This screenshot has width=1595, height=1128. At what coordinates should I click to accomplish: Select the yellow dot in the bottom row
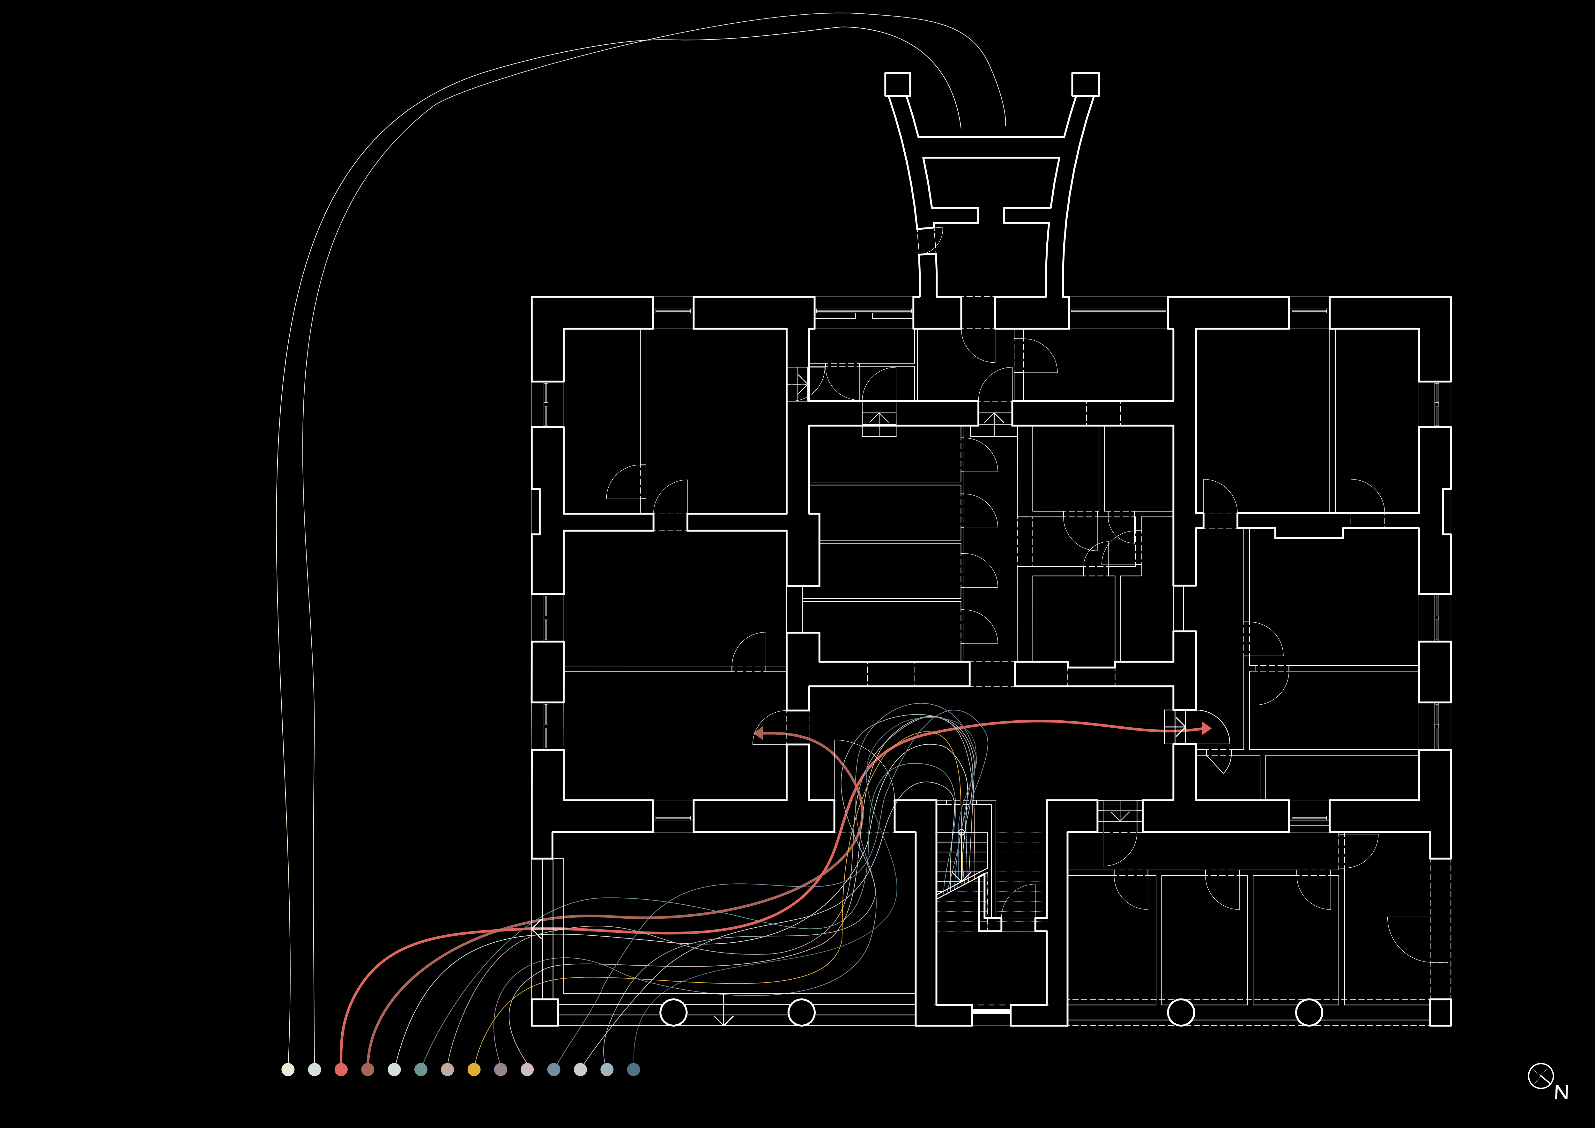(474, 1070)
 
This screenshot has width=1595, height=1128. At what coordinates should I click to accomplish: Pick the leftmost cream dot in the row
(288, 1070)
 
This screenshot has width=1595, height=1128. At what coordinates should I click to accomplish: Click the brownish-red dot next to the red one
(367, 1070)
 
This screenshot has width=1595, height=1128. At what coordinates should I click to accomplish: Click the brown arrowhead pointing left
(759, 733)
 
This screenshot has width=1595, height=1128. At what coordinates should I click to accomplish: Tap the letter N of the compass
(1561, 1093)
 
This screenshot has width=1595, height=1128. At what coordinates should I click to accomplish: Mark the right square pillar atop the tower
(1085, 84)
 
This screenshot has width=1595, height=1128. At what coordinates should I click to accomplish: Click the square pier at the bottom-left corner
(545, 1012)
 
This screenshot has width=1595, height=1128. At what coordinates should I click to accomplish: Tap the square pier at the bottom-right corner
(1440, 1012)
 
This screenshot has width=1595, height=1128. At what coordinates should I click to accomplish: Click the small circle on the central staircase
(961, 832)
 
